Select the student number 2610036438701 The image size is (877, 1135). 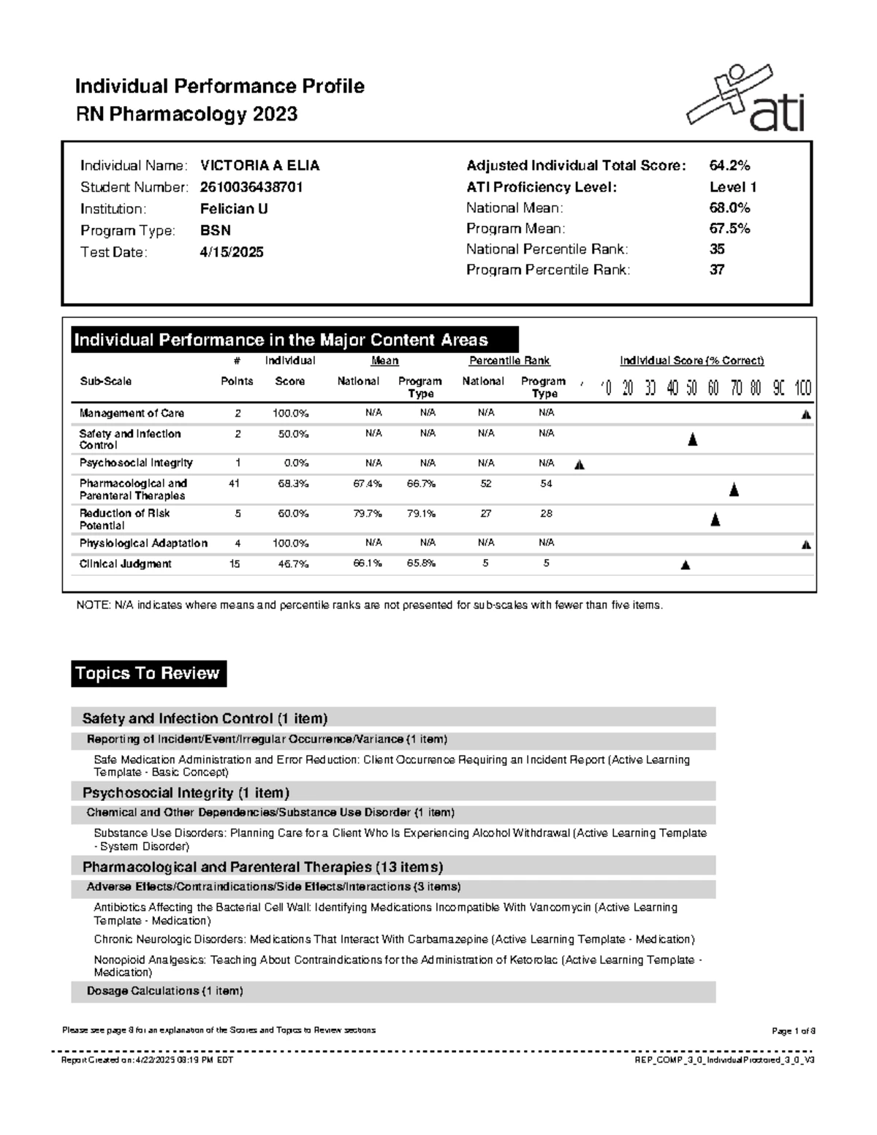[251, 187]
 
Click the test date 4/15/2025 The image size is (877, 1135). [232, 252]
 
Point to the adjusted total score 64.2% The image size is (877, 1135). [729, 166]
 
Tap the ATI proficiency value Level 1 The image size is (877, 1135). [733, 187]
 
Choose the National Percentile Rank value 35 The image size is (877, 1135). [717, 249]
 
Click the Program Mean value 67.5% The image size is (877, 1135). [729, 229]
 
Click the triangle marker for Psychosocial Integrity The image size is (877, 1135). [580, 465]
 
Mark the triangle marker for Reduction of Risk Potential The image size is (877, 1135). [715, 520]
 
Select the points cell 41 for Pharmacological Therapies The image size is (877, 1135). [235, 484]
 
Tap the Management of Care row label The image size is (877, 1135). [132, 414]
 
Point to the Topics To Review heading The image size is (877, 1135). [148, 674]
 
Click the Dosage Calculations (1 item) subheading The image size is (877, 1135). [164, 991]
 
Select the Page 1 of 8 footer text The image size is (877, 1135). [793, 1030]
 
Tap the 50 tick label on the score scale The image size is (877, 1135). [691, 388]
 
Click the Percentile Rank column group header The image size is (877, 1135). [509, 361]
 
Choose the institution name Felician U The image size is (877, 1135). [234, 209]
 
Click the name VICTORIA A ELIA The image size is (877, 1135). [259, 166]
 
